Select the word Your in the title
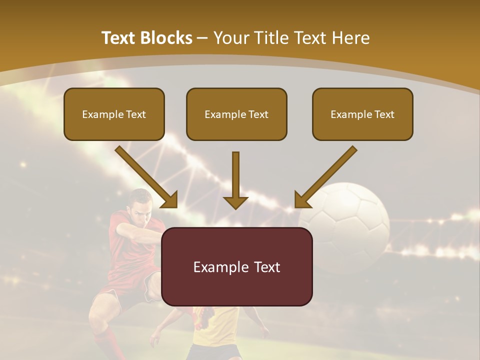(230, 38)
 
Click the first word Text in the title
(120, 38)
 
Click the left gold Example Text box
(114, 114)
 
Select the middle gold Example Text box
(236, 114)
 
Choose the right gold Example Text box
(362, 114)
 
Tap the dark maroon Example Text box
(236, 266)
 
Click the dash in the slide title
(202, 38)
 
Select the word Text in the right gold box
(383, 114)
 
